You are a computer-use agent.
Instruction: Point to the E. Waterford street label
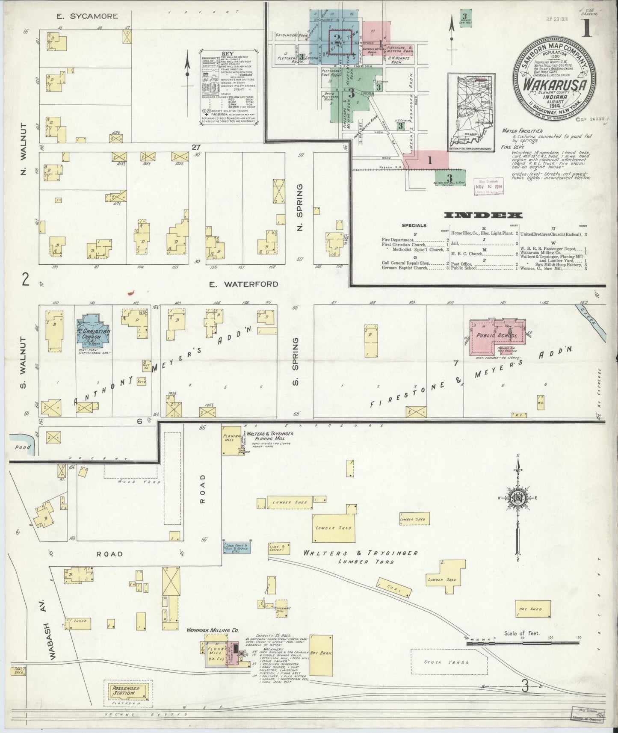243,284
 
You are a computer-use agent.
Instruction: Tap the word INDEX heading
483,215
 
